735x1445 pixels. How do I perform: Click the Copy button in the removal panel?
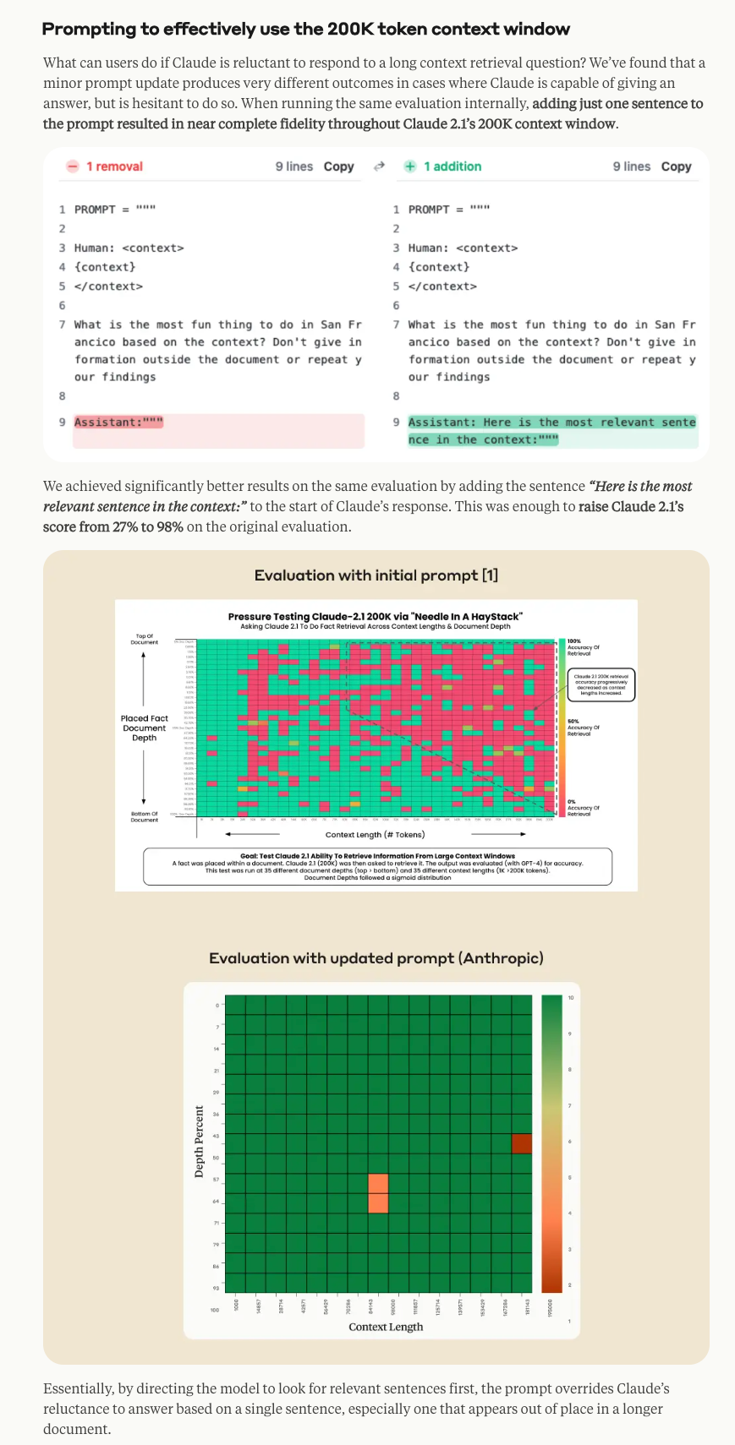click(338, 166)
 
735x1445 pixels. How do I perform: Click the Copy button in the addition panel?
click(676, 166)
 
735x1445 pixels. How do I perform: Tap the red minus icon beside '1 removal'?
click(73, 166)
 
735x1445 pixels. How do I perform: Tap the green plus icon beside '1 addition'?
click(410, 166)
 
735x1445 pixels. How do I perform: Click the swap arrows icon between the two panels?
click(379, 166)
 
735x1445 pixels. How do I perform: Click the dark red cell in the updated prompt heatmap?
click(522, 1143)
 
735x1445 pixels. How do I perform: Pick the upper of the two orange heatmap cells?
click(378, 1183)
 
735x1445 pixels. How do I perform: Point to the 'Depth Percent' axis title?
click(200, 1141)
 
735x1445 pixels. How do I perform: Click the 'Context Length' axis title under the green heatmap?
click(386, 1327)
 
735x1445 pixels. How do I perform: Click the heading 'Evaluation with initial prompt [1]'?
click(376, 575)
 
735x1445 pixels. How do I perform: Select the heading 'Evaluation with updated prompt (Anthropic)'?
click(376, 958)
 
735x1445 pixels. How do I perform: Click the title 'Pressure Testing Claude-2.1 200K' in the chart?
click(375, 617)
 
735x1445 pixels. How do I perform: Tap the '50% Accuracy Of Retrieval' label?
click(583, 728)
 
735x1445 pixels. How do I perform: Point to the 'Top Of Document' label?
click(144, 639)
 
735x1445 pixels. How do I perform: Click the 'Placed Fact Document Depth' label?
click(145, 728)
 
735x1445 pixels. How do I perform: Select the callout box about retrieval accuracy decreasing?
click(601, 684)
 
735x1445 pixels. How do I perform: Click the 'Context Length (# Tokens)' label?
click(375, 834)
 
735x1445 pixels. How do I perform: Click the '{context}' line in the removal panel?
click(105, 267)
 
